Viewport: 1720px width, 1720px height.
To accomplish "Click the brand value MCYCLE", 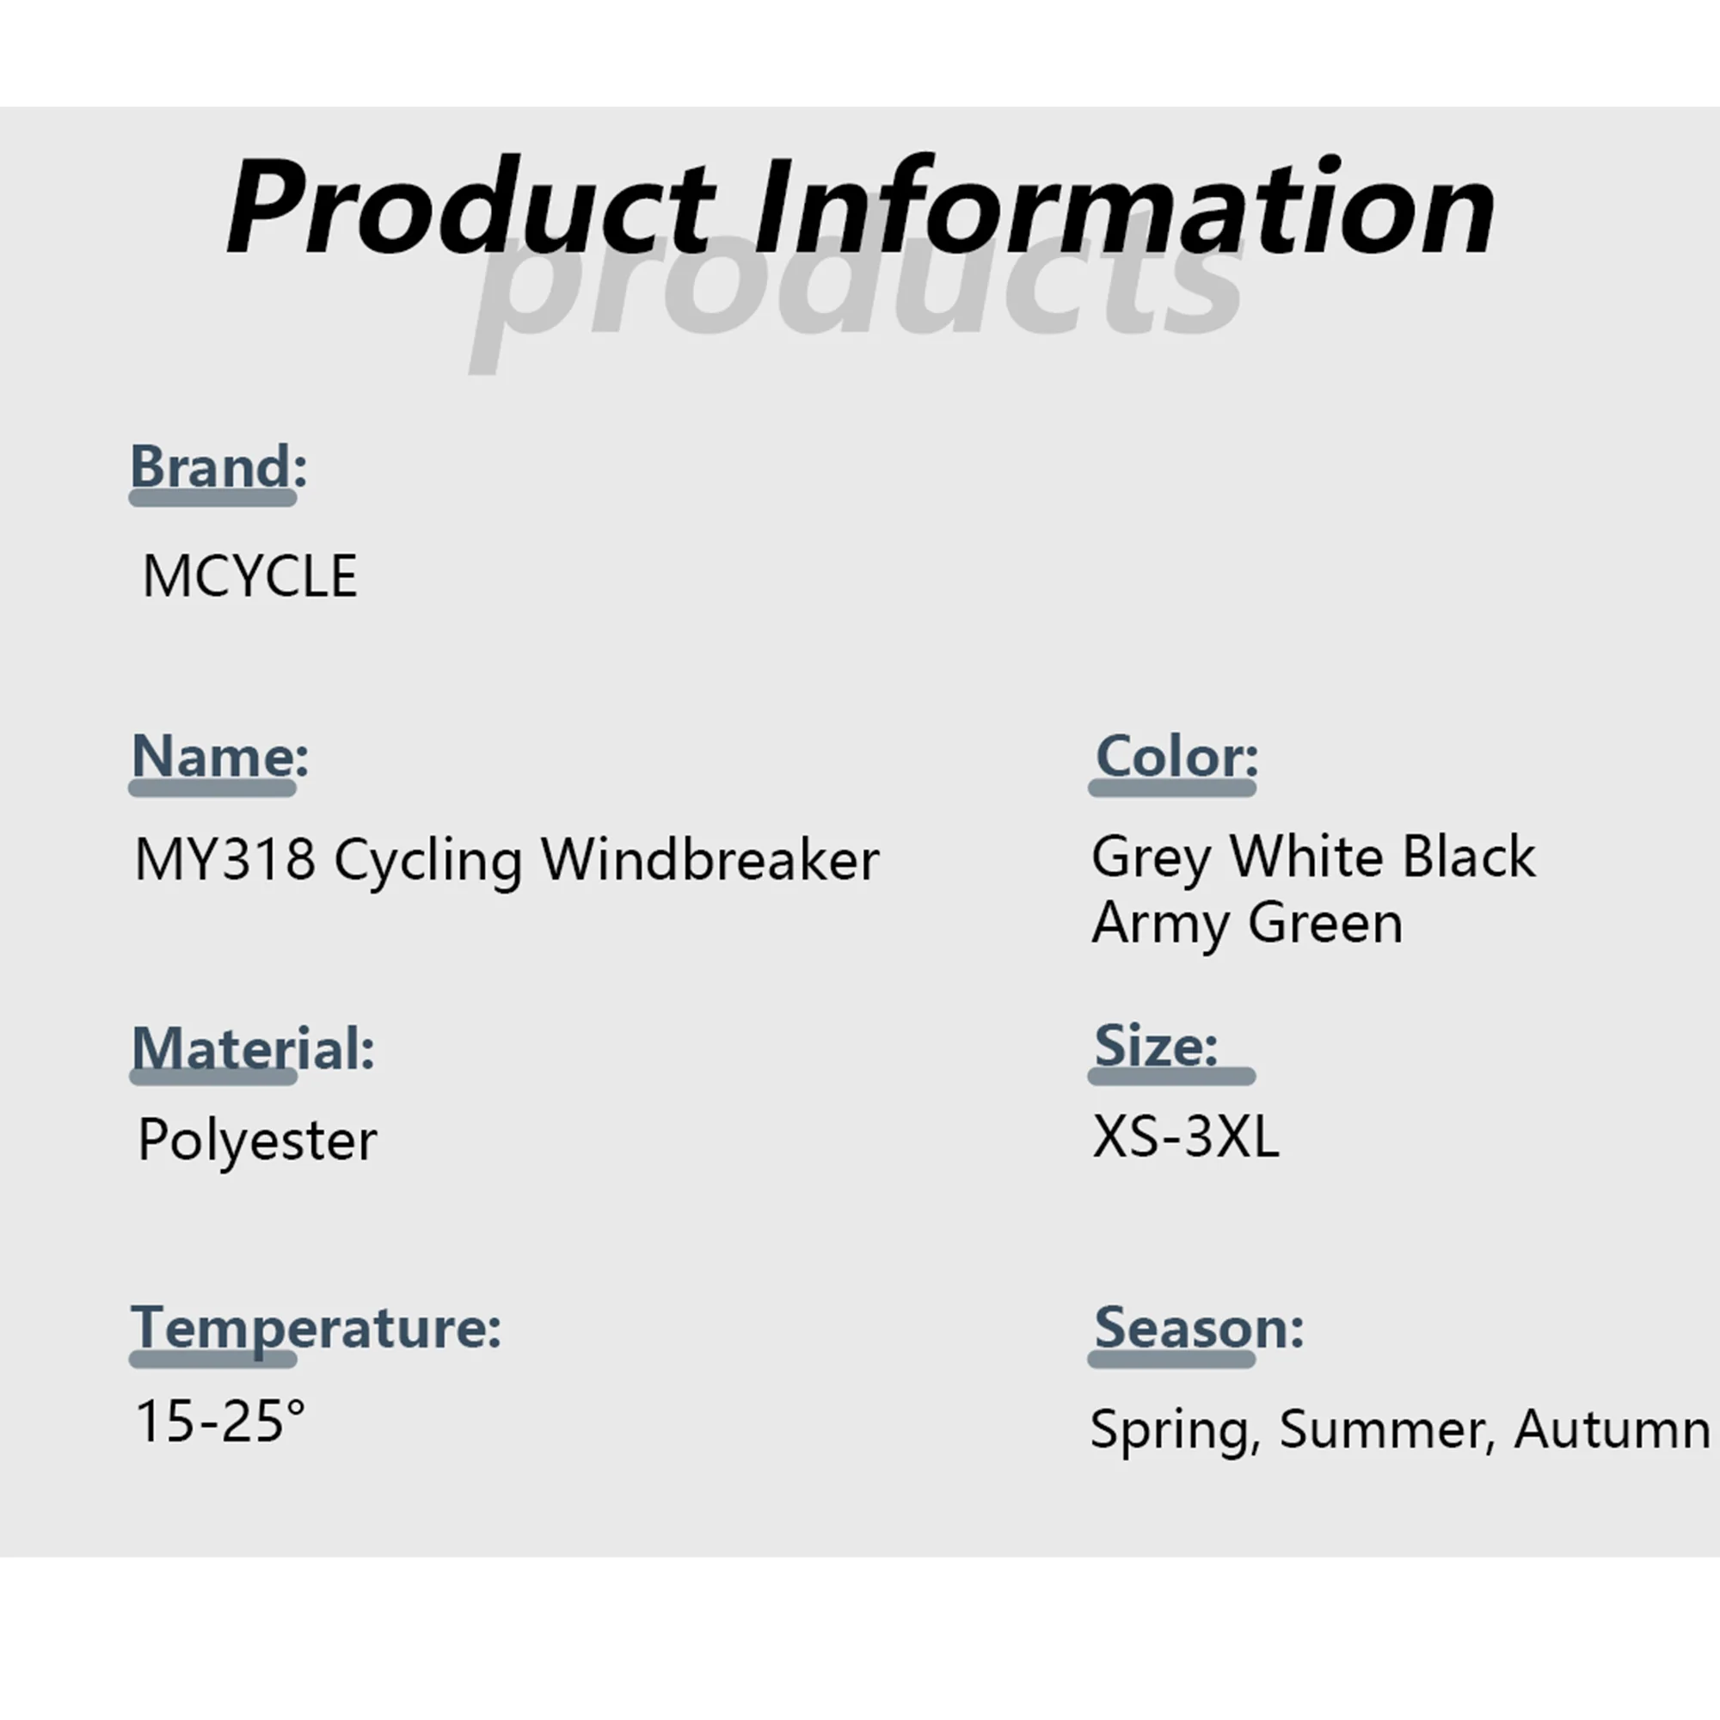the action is click(250, 575).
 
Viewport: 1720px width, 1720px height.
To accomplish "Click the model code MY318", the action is click(224, 859).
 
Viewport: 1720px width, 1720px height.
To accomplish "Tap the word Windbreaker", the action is click(710, 859).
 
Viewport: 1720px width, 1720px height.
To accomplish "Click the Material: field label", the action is click(253, 1047).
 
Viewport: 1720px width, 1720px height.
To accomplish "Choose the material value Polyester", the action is click(257, 1140).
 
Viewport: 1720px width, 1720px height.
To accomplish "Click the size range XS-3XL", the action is click(1186, 1136).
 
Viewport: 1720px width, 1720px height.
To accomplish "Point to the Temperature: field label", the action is click(316, 1327).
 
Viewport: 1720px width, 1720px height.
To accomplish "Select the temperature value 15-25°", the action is click(221, 1419).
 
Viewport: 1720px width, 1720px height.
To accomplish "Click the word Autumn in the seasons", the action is click(1612, 1428).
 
